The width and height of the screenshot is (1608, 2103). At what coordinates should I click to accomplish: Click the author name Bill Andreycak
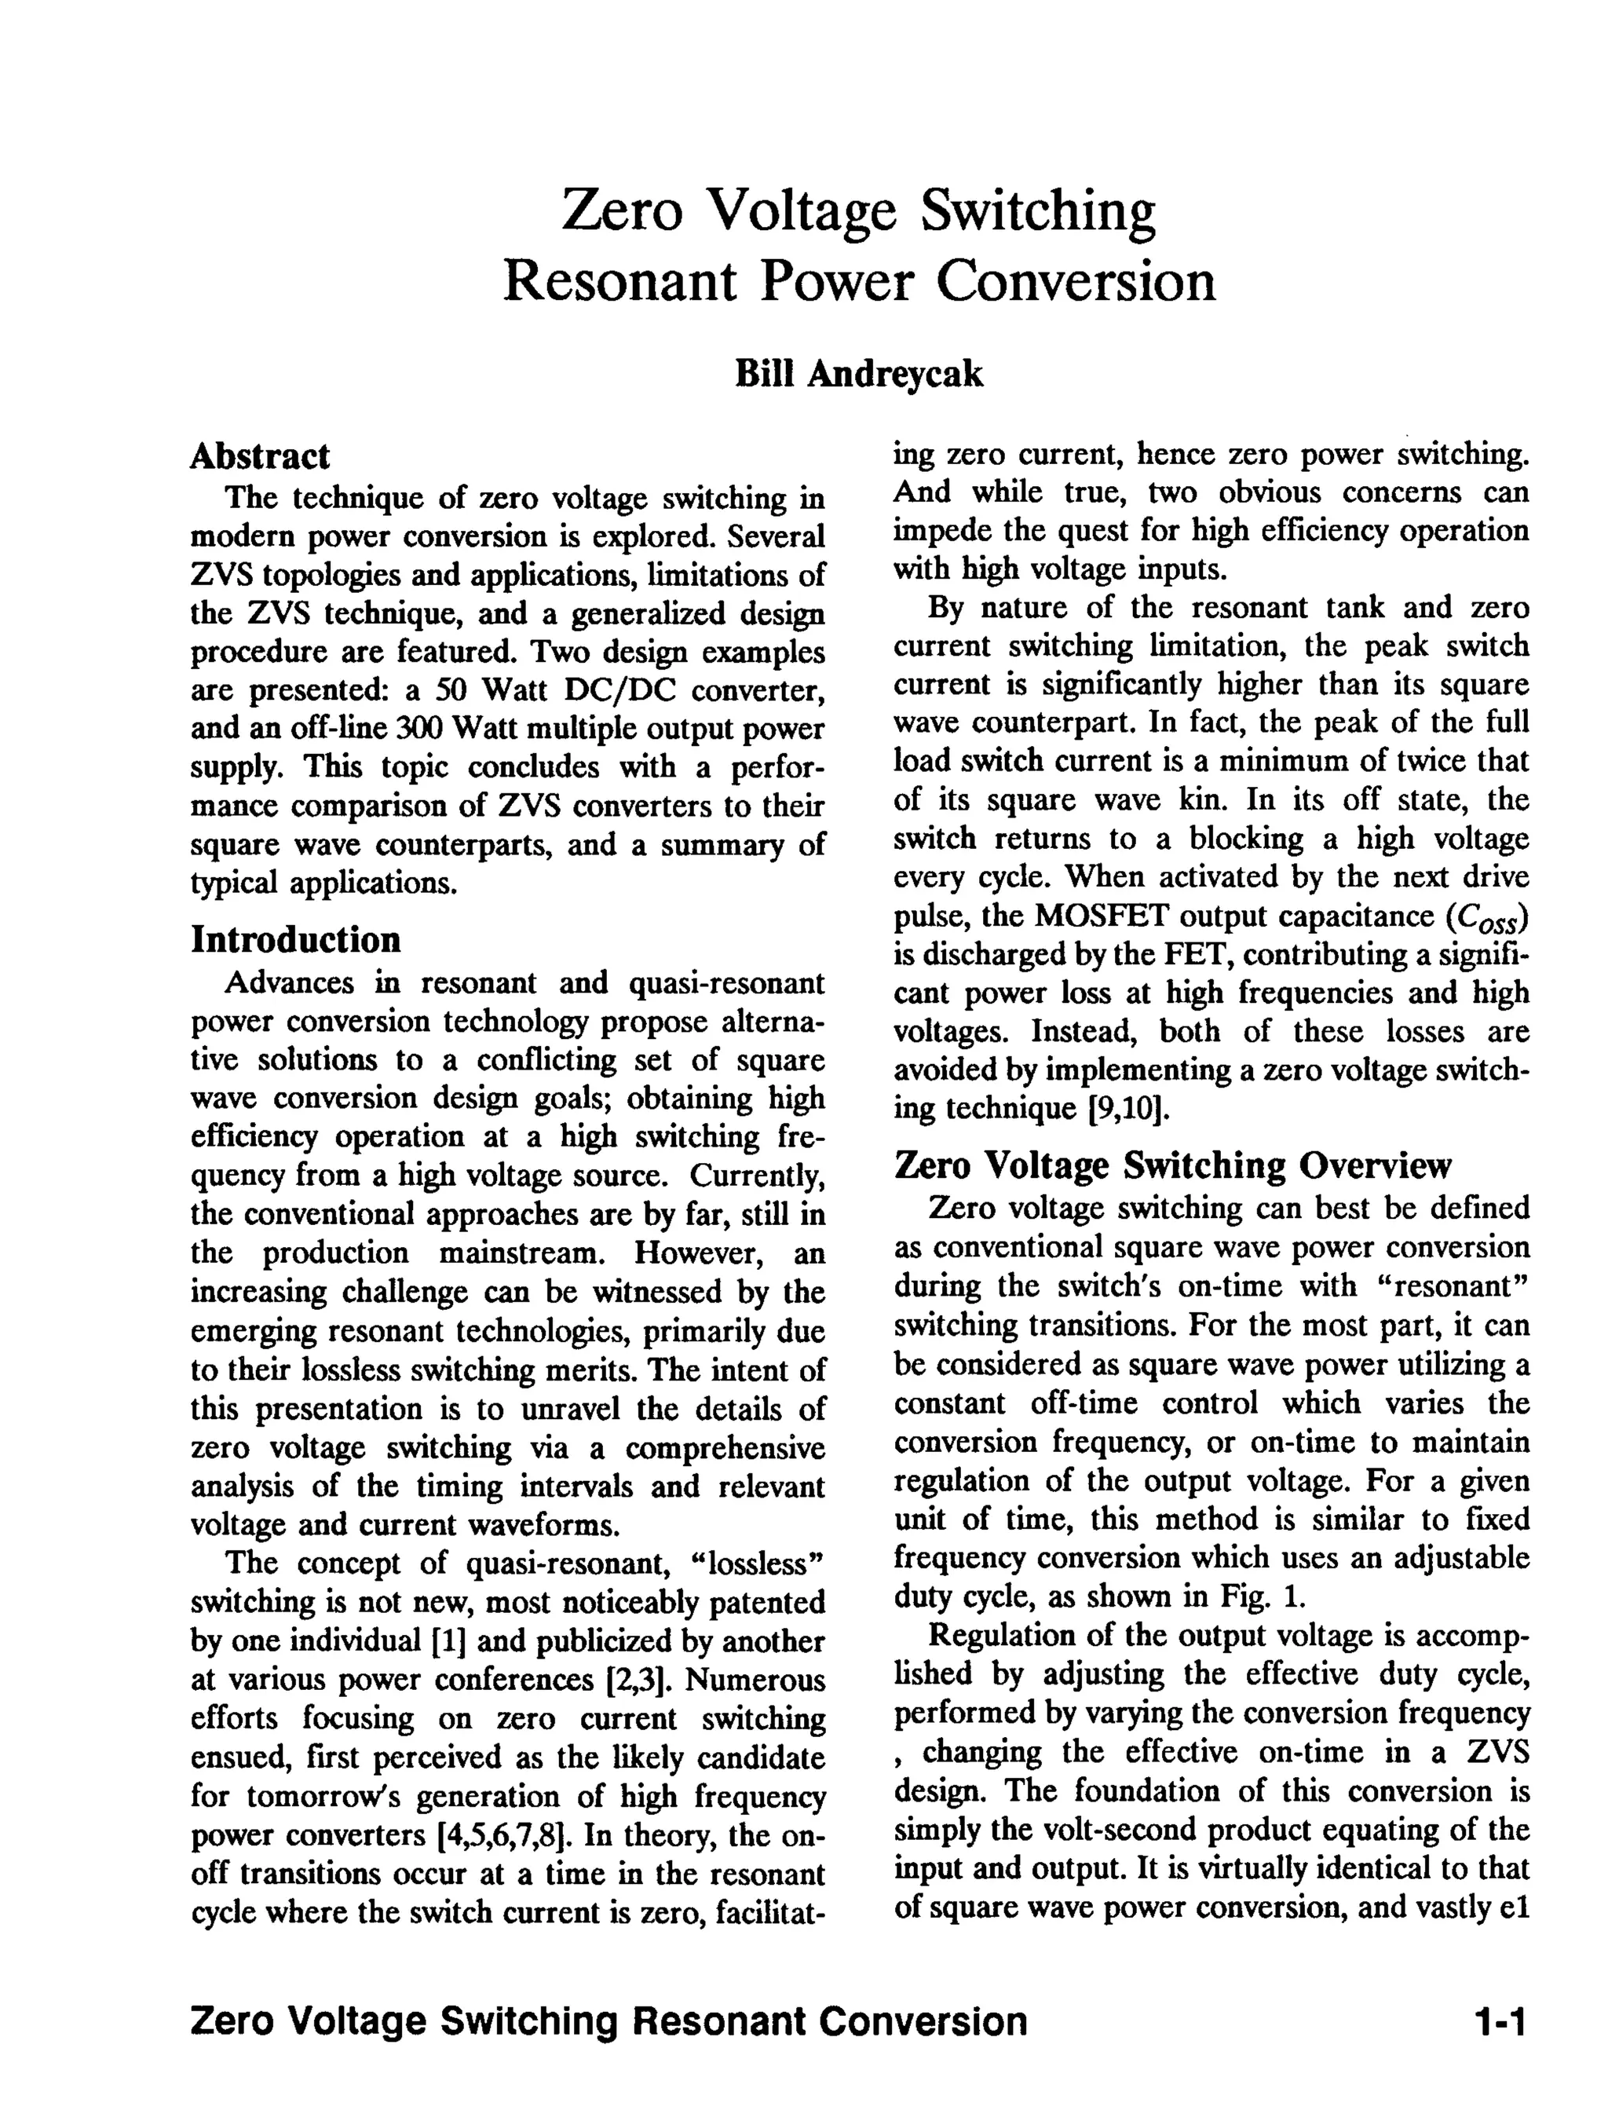(858, 373)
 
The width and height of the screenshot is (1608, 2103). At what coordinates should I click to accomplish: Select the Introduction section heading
(296, 939)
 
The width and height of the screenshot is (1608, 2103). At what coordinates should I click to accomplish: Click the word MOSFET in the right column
(1102, 916)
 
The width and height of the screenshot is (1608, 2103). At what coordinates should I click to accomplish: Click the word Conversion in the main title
(1076, 281)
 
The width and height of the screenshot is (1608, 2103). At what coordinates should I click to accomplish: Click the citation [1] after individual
(449, 1640)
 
